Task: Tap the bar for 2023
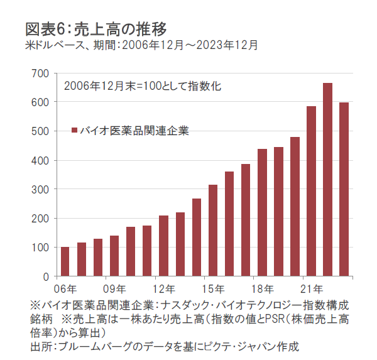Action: point(344,189)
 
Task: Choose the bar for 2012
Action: point(163,246)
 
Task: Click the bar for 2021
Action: point(311,191)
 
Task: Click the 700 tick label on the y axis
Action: point(40,73)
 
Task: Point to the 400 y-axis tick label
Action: point(40,160)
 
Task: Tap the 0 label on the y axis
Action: point(45,276)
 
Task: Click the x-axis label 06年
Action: point(65,289)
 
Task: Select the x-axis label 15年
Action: point(213,289)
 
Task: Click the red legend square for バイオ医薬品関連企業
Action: point(74,131)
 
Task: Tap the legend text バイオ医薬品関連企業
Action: point(134,131)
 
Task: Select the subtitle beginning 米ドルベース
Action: point(141,45)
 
